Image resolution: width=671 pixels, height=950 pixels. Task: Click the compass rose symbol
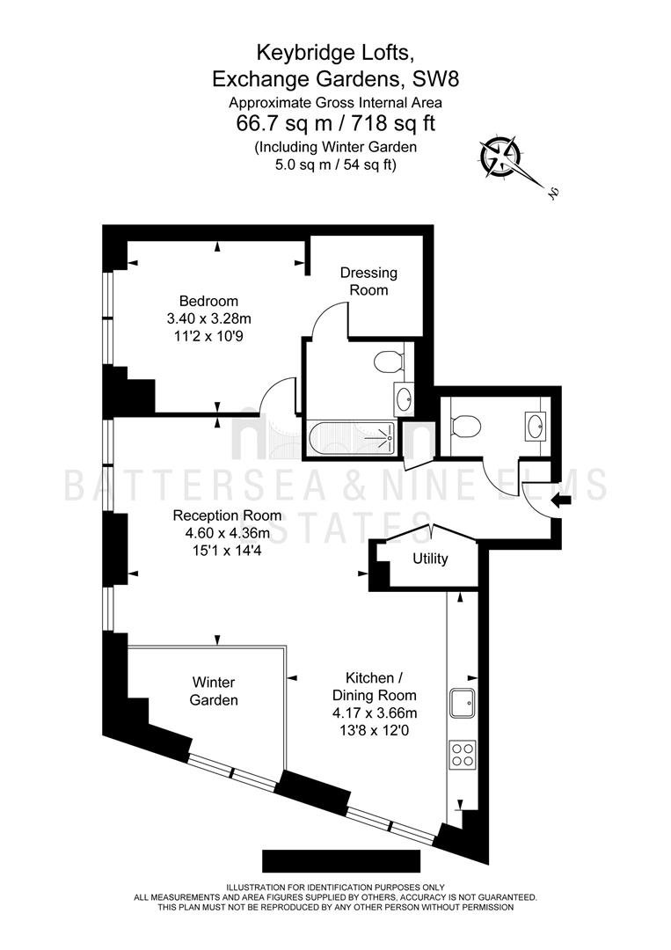[500, 157]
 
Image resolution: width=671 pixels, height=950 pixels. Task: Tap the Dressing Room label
[368, 281]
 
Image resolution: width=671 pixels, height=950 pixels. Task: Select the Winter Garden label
[214, 691]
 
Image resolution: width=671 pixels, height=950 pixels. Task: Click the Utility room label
[430, 559]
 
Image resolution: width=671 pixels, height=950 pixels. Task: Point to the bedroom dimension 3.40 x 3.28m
[209, 318]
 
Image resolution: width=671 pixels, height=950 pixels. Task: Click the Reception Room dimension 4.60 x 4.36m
[227, 533]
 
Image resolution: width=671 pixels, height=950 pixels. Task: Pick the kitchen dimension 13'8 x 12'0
[375, 730]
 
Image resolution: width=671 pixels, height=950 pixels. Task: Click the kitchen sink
[462, 703]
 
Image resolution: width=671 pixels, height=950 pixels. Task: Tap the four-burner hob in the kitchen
[462, 755]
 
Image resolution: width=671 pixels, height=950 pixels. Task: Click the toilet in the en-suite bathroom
[389, 363]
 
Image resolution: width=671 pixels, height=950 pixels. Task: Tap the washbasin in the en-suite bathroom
[404, 398]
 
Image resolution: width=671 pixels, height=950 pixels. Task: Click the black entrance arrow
[561, 501]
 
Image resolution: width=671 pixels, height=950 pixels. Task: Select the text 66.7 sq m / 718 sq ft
[336, 124]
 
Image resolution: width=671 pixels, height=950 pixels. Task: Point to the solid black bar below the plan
[341, 861]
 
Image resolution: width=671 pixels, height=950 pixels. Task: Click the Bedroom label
[209, 301]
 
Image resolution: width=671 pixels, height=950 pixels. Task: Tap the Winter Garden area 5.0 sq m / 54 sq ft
[336, 164]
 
